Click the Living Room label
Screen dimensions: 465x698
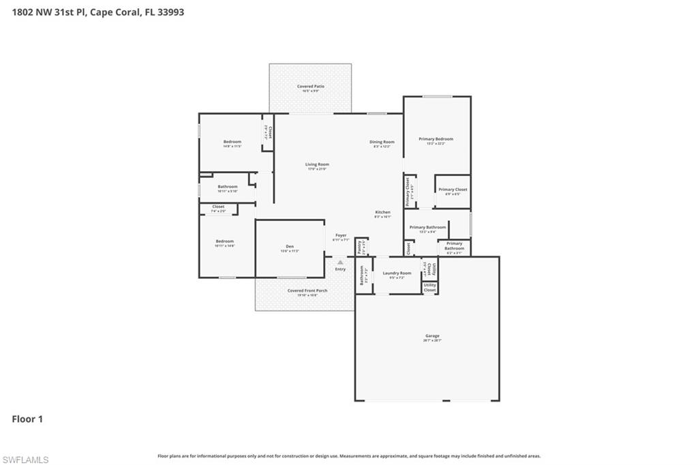pyautogui.click(x=317, y=164)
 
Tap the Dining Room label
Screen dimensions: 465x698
pyautogui.click(x=382, y=142)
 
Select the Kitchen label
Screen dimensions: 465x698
pyautogui.click(x=382, y=213)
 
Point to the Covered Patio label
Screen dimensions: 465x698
pyautogui.click(x=310, y=87)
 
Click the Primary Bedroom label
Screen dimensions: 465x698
pyautogui.click(x=436, y=139)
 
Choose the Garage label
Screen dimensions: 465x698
pyautogui.click(x=432, y=335)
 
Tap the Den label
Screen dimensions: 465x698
pyautogui.click(x=289, y=247)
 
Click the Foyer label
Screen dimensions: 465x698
pyautogui.click(x=340, y=236)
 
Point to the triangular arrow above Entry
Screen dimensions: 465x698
pyautogui.click(x=340, y=261)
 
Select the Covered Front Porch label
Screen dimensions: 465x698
pyautogui.click(x=307, y=290)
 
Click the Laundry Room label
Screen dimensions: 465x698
pyautogui.click(x=396, y=273)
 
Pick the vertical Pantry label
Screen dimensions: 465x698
pyautogui.click(x=359, y=247)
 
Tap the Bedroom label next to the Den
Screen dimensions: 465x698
pyautogui.click(x=225, y=241)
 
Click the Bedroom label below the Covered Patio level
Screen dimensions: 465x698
pyautogui.click(x=232, y=142)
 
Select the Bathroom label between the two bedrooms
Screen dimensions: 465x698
pyautogui.click(x=228, y=187)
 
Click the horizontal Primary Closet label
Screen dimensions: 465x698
pyautogui.click(x=453, y=190)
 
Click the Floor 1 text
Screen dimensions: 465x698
pyautogui.click(x=27, y=419)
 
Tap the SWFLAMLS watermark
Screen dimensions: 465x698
pyautogui.click(x=26, y=460)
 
